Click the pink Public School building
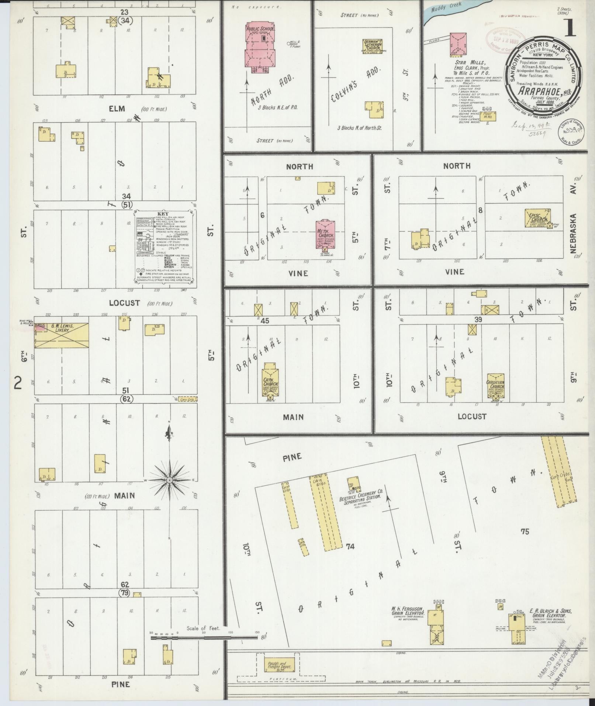(260, 46)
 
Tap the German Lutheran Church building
(373, 46)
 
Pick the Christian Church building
(495, 384)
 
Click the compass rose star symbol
(169, 480)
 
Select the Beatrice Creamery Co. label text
(356, 493)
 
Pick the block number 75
(525, 531)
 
